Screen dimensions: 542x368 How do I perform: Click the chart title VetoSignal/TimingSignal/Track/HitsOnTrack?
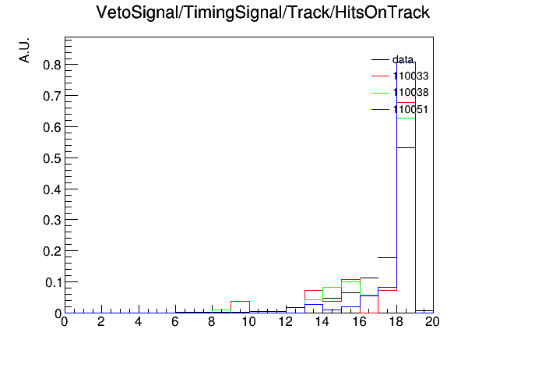[x=262, y=12]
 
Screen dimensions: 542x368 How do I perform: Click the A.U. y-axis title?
[x=25, y=50]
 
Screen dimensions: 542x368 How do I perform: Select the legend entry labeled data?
[x=392, y=59]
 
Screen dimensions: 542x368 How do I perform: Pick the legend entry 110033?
[x=400, y=76]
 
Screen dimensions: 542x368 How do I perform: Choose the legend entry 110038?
[x=400, y=93]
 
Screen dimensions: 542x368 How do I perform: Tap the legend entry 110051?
[x=400, y=110]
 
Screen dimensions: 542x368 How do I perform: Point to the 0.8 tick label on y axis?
[x=52, y=65]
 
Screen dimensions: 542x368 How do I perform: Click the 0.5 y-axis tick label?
[x=52, y=158]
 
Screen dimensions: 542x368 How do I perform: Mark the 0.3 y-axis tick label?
[x=52, y=220]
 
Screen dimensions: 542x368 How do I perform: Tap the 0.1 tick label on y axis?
[x=53, y=283]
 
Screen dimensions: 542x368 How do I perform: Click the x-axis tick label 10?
[x=248, y=322]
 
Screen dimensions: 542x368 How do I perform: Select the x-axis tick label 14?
[x=322, y=322]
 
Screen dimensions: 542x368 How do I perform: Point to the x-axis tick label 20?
[x=432, y=322]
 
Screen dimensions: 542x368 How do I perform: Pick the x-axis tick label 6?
[x=175, y=322]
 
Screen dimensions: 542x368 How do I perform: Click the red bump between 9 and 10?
[x=240, y=302]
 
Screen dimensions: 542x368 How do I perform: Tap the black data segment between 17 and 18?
[x=387, y=257]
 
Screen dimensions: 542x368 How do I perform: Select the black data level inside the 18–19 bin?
[x=406, y=148]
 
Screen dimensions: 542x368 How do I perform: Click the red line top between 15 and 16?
[x=350, y=279]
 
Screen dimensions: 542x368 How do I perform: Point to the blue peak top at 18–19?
[x=406, y=62]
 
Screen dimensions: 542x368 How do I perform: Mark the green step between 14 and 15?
[x=332, y=288]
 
